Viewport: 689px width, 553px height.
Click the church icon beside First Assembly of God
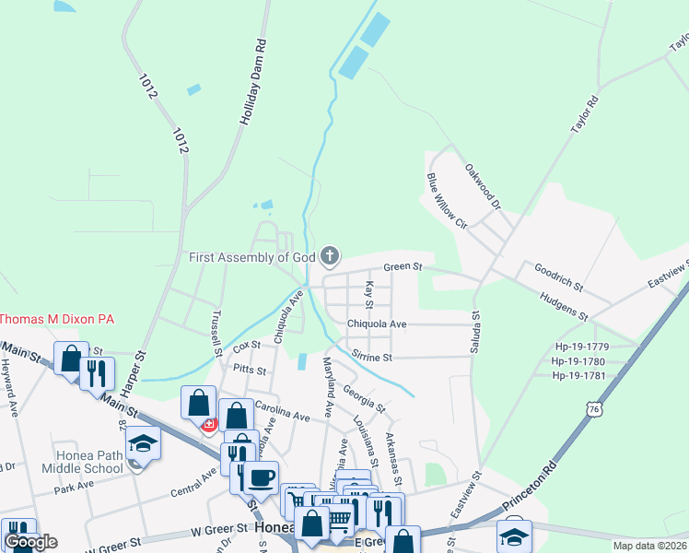[x=330, y=256]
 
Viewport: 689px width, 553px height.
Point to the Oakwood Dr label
[x=482, y=187]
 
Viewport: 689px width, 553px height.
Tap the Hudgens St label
[x=564, y=302]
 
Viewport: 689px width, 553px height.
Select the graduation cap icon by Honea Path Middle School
[x=143, y=443]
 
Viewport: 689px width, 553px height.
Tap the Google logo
[x=30, y=542]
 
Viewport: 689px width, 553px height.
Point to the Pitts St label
[x=249, y=371]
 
